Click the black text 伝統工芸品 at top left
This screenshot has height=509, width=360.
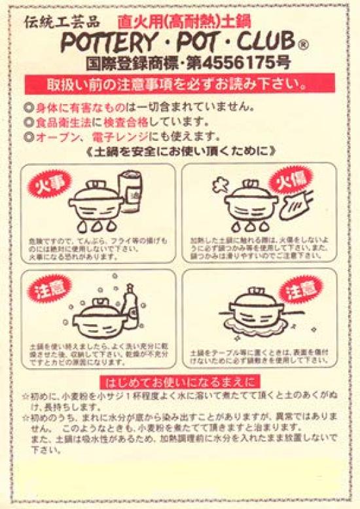pos(62,20)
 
